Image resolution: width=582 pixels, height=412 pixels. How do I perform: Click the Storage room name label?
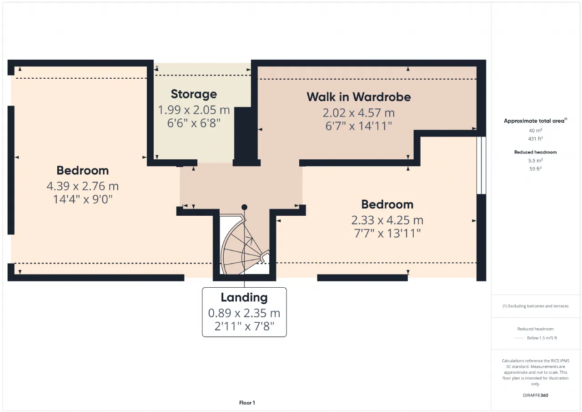(194, 94)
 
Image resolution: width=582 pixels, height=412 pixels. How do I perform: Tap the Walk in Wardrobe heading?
(359, 97)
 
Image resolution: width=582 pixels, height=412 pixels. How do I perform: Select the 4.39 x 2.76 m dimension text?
(83, 186)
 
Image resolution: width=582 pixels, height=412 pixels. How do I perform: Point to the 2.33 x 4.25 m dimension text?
(387, 220)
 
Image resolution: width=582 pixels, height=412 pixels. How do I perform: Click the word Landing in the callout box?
(244, 298)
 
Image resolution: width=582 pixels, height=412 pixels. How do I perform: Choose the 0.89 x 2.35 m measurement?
(244, 313)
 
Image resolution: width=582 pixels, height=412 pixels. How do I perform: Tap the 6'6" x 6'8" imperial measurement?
(194, 123)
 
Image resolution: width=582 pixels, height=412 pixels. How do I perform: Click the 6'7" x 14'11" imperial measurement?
(359, 126)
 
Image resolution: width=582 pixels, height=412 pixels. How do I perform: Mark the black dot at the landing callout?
(244, 207)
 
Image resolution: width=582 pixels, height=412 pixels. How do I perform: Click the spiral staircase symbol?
(244, 244)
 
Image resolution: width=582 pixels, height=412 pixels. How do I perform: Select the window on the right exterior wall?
(481, 165)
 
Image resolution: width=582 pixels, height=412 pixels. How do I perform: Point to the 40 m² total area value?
(536, 131)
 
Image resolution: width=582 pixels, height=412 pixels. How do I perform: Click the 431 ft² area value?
(536, 139)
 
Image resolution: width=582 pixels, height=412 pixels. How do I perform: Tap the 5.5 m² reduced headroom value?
(536, 161)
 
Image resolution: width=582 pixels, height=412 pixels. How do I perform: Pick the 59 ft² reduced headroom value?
(536, 169)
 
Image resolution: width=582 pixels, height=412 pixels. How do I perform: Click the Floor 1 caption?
(247, 402)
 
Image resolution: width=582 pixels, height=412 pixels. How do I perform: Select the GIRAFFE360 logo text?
(536, 395)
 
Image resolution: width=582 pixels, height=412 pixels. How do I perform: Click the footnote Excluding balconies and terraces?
(536, 306)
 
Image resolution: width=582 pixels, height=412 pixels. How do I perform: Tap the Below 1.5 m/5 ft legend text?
(542, 338)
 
